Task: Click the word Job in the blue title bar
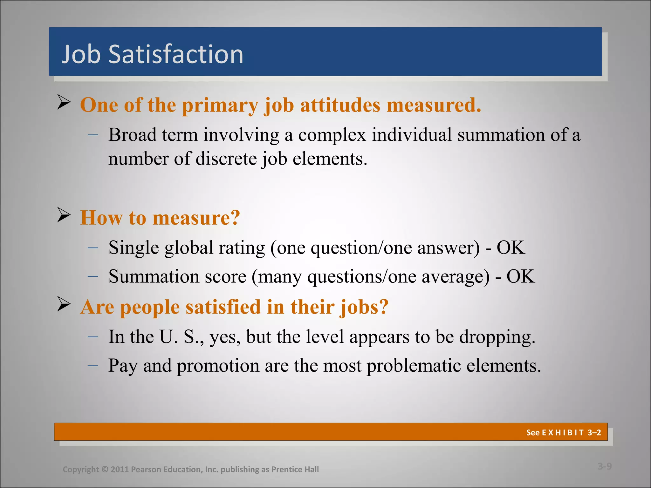81,54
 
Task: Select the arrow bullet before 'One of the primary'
64,102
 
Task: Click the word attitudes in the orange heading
340,105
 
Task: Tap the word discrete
226,159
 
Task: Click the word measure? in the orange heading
196,218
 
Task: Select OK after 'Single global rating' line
511,247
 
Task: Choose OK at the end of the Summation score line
521,276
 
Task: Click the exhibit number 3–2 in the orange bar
594,432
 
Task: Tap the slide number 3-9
605,466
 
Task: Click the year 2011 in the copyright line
120,469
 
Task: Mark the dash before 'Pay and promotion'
93,366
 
